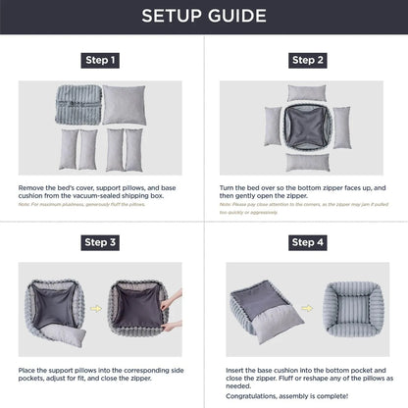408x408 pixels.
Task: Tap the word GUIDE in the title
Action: tap(239, 17)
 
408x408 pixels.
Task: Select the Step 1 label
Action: tap(101, 61)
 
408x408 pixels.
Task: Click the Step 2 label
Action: tap(306, 61)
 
